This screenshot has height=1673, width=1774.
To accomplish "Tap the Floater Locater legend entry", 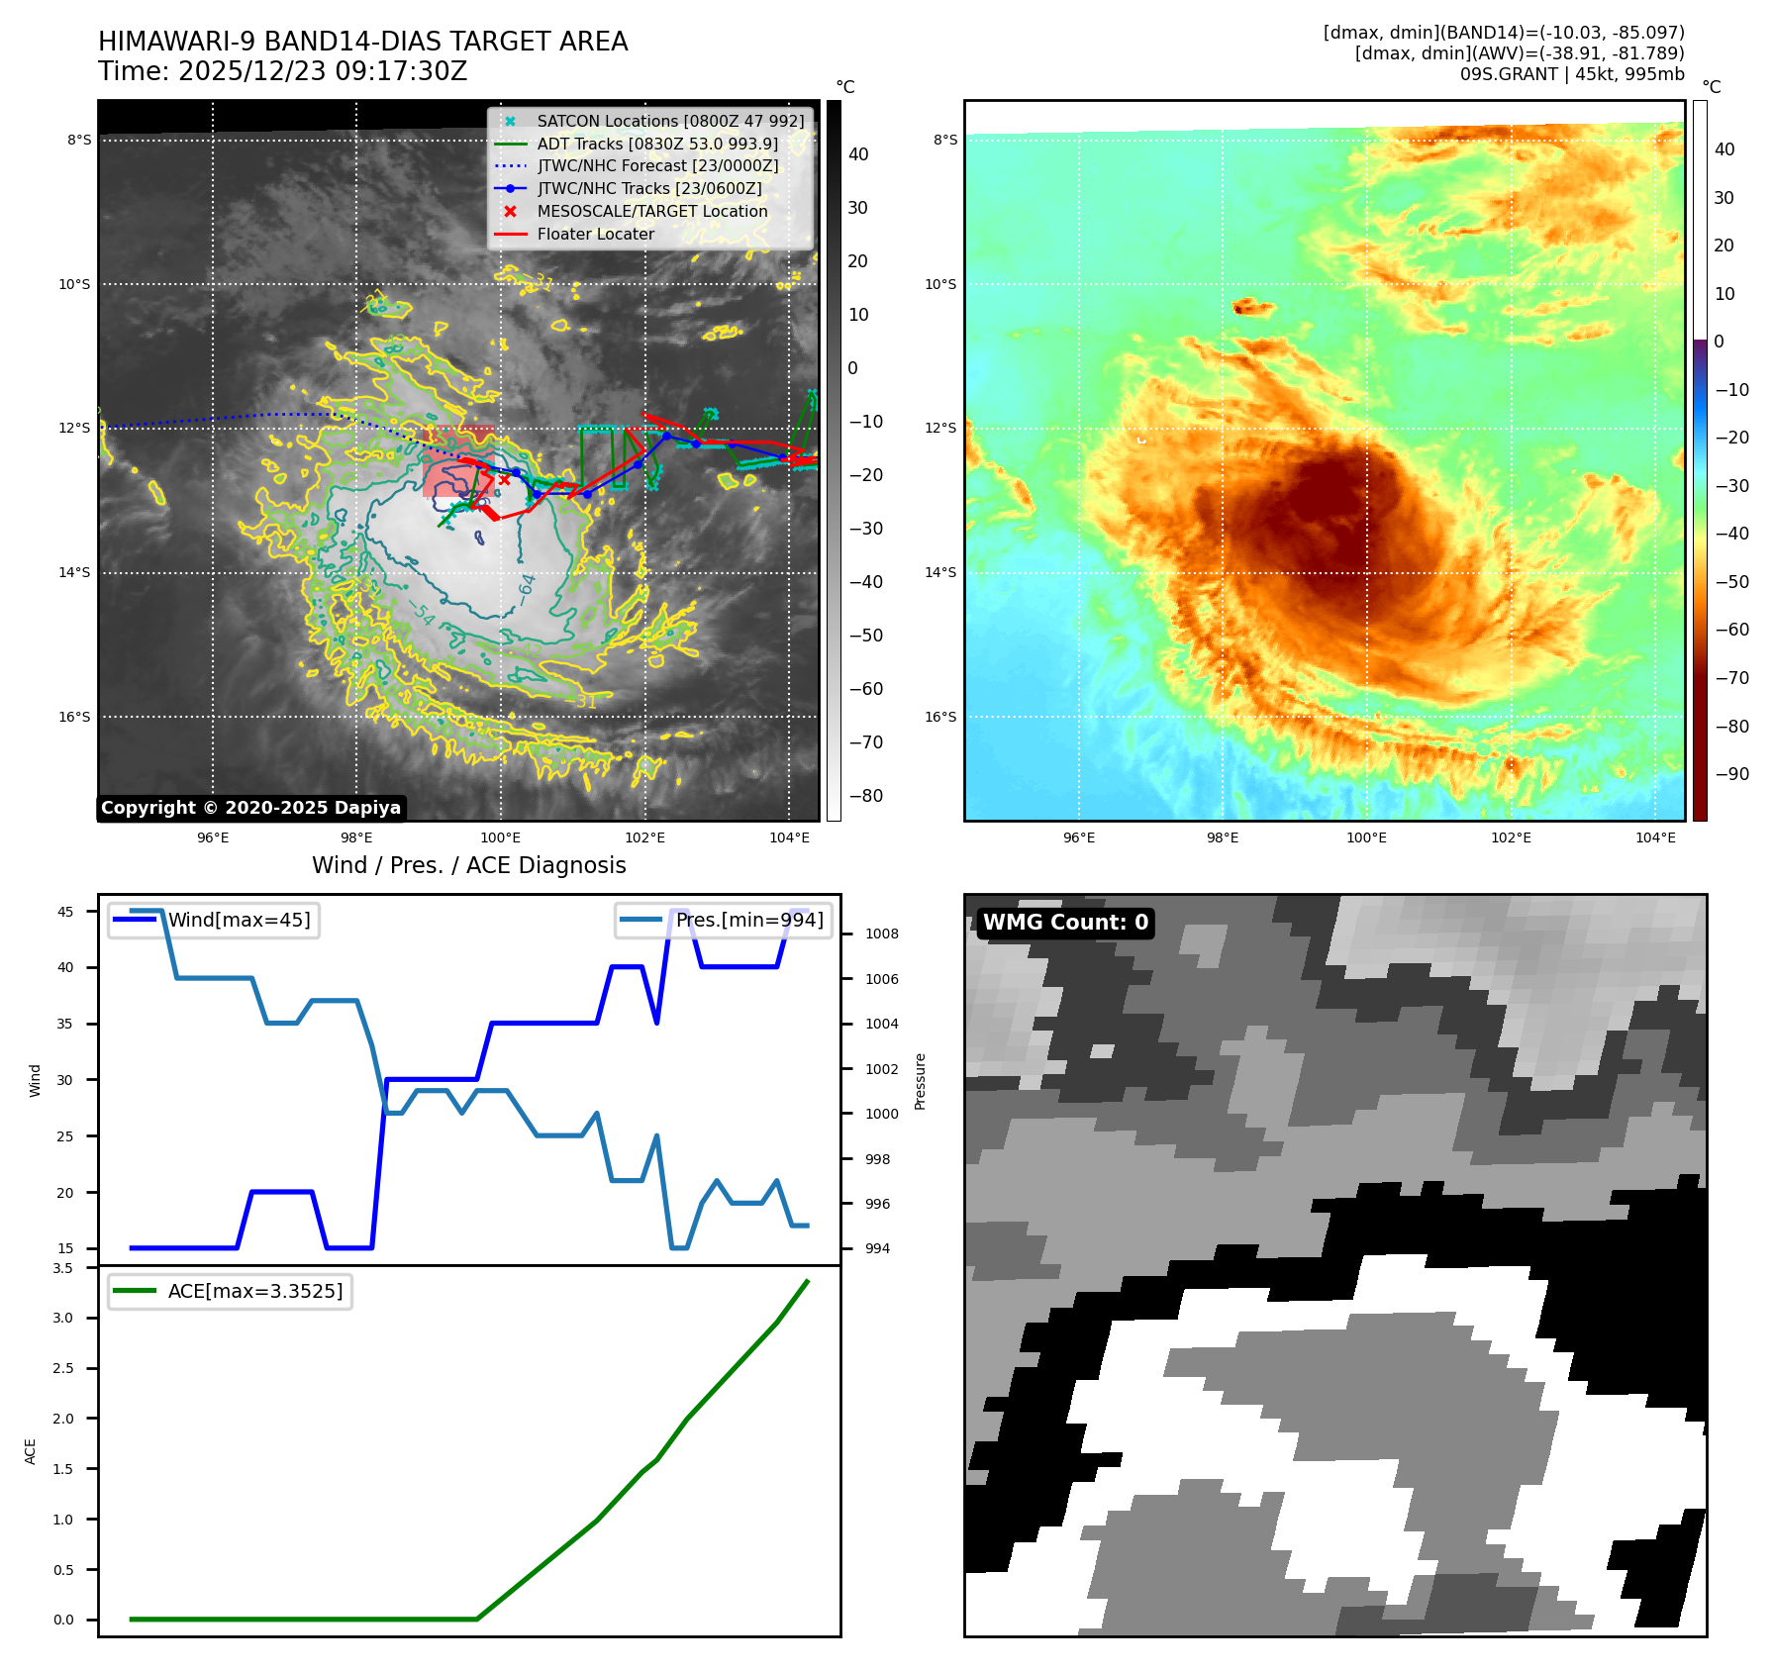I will click(595, 234).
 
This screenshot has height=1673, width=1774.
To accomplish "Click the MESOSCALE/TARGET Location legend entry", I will click(651, 211).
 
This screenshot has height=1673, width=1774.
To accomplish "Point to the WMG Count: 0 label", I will click(1065, 923).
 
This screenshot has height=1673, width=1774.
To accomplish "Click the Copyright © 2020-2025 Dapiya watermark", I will click(250, 808).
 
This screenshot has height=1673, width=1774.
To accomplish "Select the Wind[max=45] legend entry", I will click(239, 920).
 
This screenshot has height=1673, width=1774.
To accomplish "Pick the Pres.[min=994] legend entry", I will click(748, 920).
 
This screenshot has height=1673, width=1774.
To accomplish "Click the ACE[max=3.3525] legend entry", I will click(254, 1291).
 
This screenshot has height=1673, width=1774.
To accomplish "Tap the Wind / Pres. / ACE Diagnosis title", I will click(468, 865).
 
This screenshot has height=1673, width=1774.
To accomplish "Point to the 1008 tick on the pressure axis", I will click(881, 934).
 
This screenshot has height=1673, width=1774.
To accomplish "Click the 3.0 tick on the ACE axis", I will click(63, 1318).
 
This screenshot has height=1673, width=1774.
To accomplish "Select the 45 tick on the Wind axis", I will click(65, 912).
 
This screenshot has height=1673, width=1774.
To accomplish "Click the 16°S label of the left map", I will click(73, 717).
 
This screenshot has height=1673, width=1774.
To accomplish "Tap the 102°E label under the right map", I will click(1511, 837).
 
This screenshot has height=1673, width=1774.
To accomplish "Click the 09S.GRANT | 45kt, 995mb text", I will click(1571, 74).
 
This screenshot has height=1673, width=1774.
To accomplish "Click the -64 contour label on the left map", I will click(527, 588).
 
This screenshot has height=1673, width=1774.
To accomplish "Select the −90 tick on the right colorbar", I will click(1731, 774).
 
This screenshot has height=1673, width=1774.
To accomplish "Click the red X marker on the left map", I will click(505, 480).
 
